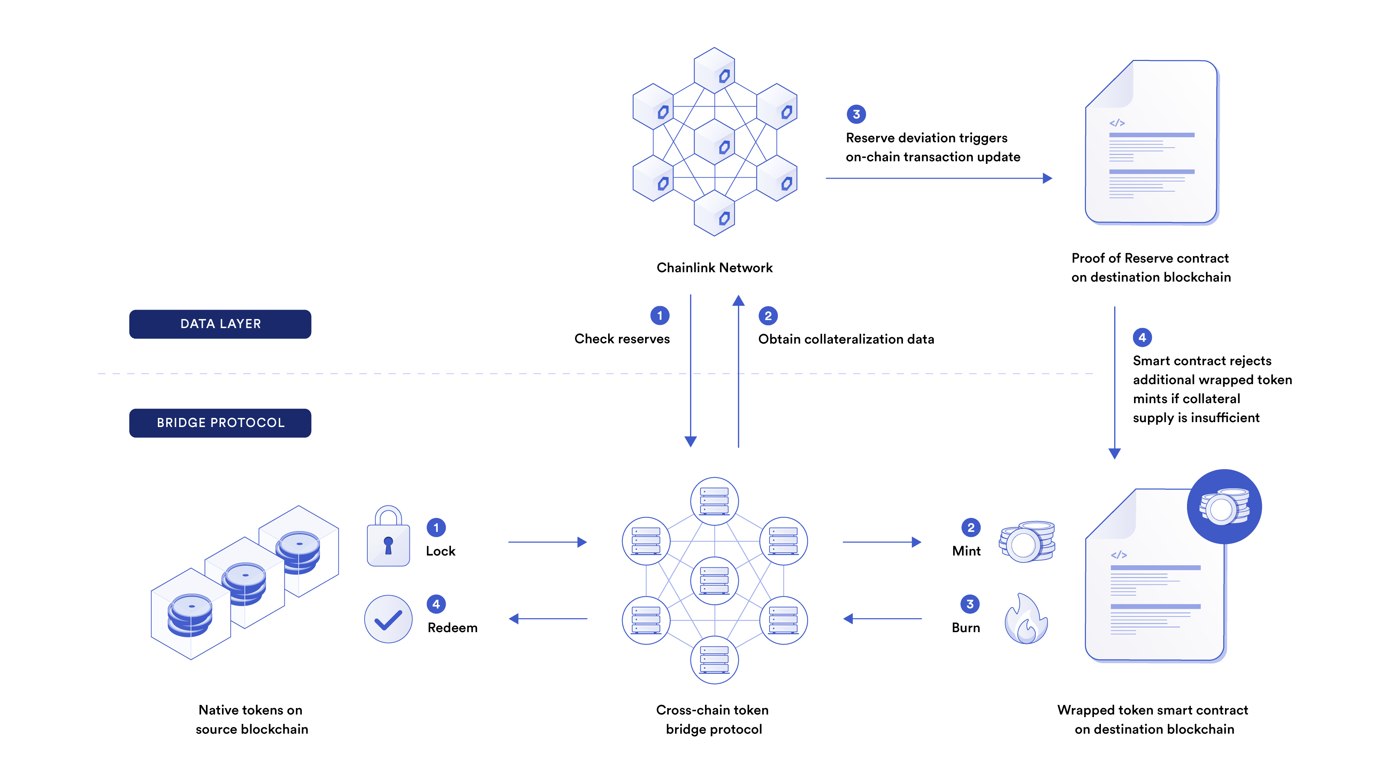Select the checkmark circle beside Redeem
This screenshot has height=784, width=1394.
point(388,619)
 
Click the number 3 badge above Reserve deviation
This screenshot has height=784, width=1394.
point(856,114)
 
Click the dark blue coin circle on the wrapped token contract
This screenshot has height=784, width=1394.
point(1224,507)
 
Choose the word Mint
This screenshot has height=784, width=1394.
point(966,551)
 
